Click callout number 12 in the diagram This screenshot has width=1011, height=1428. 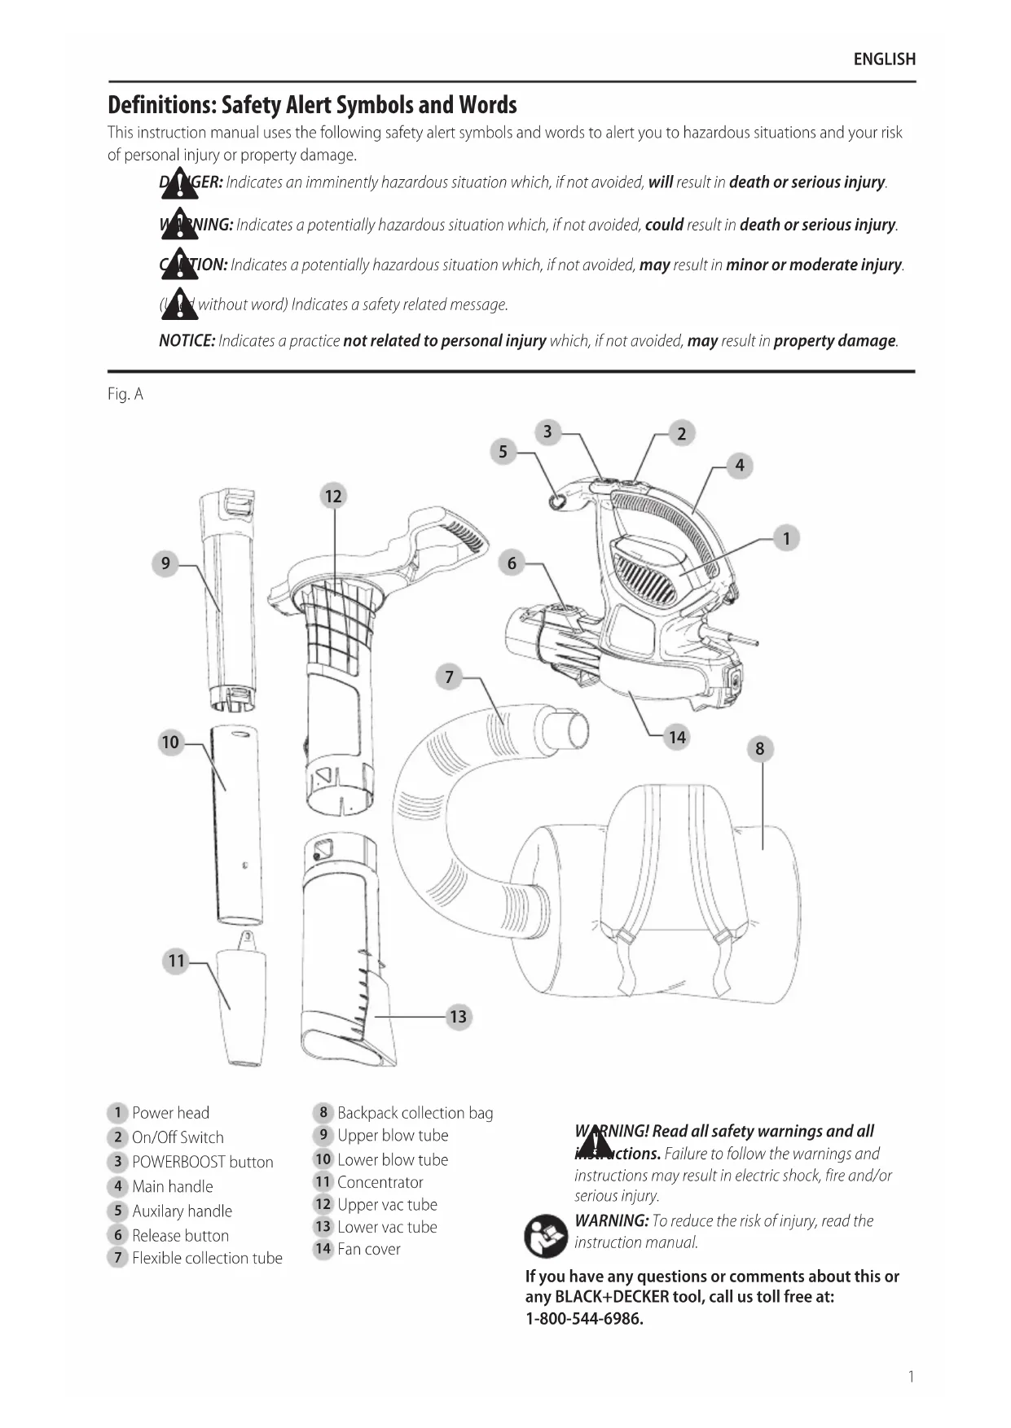coord(333,496)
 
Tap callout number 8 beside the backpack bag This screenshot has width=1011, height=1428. coord(759,749)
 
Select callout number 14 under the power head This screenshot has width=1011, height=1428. coord(677,738)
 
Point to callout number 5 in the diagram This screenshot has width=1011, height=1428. coord(503,452)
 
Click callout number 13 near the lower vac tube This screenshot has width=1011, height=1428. coord(458,1016)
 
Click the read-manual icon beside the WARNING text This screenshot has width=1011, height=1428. coord(546,1235)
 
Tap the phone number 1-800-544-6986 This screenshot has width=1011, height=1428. coord(584,1319)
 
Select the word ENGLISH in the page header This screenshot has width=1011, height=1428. coord(884,59)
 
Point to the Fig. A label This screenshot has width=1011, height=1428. coord(125,394)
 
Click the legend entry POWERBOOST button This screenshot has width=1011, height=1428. coord(202,1162)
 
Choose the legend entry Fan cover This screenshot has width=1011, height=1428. coord(368,1249)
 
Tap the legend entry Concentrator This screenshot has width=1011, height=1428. coord(380,1182)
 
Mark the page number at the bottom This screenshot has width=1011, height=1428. coord(911,1377)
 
